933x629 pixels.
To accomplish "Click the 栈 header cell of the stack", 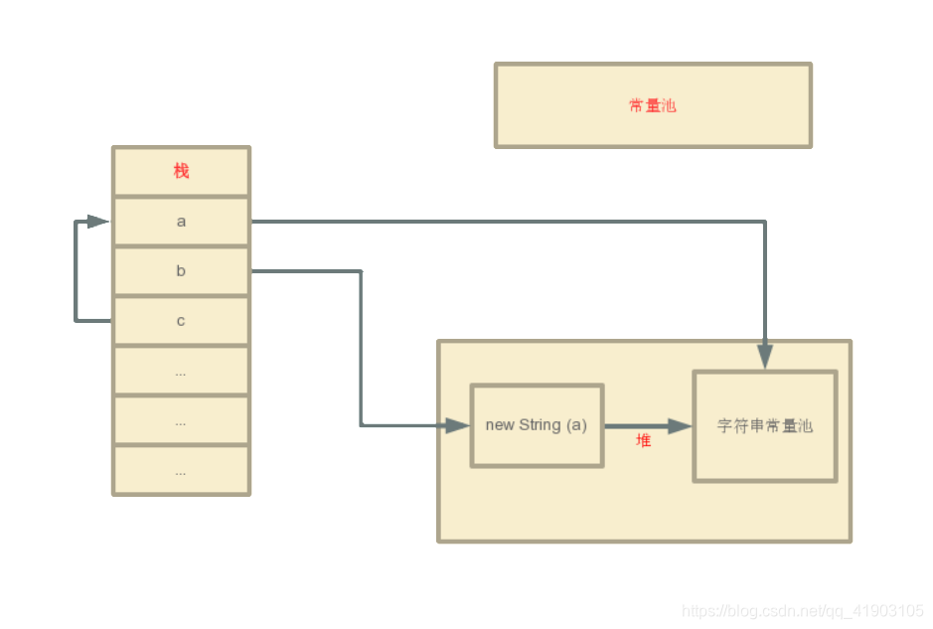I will (181, 171).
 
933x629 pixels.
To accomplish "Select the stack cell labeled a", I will (181, 222).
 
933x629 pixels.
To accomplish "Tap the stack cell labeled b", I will (181, 271).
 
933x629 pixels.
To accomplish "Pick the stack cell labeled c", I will (181, 321).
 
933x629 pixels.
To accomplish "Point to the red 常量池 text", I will (653, 105).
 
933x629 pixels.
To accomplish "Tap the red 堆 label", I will (644, 440).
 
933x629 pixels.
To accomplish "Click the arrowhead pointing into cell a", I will (97, 222).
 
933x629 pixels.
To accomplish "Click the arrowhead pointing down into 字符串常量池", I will (765, 357).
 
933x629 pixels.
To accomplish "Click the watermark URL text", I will (803, 611).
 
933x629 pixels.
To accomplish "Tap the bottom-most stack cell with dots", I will (181, 471).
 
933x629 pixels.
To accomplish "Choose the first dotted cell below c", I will (181, 372).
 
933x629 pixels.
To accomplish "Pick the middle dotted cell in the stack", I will (181, 421).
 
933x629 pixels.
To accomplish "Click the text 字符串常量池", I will (765, 426).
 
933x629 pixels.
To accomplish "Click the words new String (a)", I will (537, 425).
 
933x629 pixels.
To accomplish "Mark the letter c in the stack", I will (181, 321).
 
